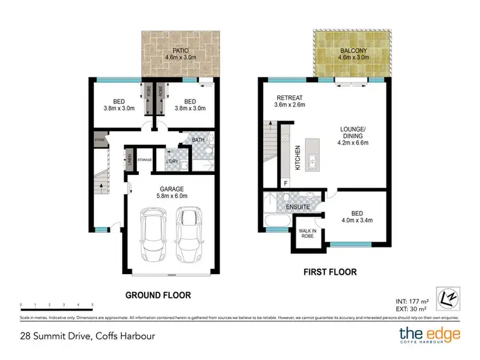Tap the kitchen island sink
point(313,160)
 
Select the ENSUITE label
point(298,208)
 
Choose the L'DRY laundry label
point(172,162)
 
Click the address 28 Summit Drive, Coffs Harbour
point(87,336)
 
